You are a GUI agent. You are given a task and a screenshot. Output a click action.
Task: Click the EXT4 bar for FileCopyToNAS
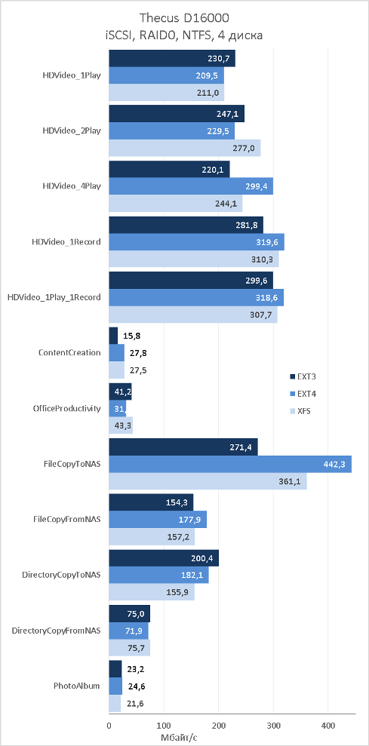pyautogui.click(x=230, y=464)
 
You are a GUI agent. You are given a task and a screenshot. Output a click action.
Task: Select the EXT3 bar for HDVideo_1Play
pyautogui.click(x=172, y=59)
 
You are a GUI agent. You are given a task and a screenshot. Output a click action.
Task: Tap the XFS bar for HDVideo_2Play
pyautogui.click(x=185, y=149)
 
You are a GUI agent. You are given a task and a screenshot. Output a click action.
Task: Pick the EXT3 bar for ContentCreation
pyautogui.click(x=114, y=336)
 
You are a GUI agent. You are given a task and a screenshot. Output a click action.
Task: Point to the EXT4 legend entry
pyautogui.click(x=300, y=394)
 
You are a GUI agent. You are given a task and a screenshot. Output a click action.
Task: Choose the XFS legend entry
pyautogui.click(x=300, y=411)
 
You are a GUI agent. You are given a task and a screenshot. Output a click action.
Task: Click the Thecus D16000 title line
pyautogui.click(x=184, y=19)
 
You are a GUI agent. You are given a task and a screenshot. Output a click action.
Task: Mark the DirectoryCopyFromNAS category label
pyautogui.click(x=56, y=631)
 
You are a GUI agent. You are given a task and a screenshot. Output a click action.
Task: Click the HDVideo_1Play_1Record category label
pyautogui.click(x=54, y=297)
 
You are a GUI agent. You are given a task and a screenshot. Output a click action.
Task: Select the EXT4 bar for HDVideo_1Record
pyautogui.click(x=197, y=241)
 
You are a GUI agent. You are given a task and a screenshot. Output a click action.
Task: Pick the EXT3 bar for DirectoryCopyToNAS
pyautogui.click(x=165, y=558)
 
